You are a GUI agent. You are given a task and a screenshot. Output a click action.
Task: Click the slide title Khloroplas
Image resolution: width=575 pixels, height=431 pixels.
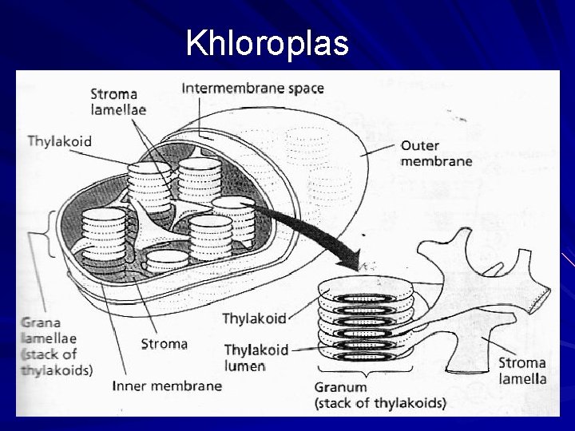point(267,44)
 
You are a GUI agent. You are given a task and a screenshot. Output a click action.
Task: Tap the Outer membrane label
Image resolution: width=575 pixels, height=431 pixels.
point(436,152)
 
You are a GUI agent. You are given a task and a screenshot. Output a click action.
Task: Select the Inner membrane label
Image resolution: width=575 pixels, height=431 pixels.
point(167,386)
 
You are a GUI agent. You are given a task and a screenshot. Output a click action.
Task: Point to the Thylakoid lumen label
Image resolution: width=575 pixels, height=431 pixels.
point(255,358)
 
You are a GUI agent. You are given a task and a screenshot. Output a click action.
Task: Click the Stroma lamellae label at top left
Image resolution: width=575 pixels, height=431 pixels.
point(118,101)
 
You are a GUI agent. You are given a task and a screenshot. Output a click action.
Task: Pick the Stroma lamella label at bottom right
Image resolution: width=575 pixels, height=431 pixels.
point(522,370)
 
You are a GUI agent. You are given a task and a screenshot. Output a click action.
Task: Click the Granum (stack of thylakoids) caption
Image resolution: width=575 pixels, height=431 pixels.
point(379,395)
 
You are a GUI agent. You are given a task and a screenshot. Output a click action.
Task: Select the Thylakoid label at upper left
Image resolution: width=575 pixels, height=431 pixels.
point(59,141)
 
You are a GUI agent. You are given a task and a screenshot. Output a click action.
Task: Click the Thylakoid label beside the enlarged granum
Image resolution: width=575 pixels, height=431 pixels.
point(253,318)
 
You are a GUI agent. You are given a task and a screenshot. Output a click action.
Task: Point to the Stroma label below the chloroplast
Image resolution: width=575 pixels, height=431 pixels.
point(164,344)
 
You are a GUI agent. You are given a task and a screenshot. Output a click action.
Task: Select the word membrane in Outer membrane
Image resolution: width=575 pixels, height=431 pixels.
point(436,160)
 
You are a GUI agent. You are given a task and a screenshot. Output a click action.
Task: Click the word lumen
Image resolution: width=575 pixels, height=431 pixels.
point(244,366)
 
